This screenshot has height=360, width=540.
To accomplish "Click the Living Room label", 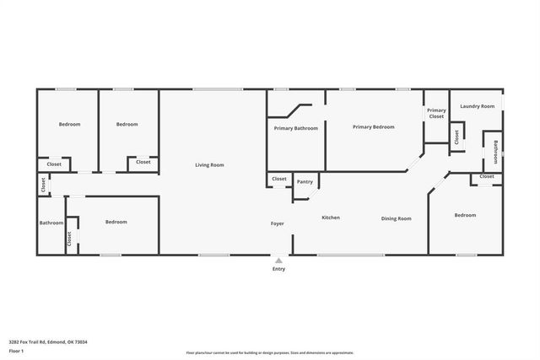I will click(209, 165).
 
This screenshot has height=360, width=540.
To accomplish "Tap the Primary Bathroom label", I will click(295, 128).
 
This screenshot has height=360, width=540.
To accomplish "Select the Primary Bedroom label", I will click(374, 126).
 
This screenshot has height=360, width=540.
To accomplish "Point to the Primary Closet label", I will click(435, 113).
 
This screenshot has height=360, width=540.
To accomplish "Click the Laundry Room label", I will click(477, 106).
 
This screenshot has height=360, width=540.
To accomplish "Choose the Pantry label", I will click(305, 182).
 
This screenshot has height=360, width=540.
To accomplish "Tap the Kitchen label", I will click(331, 218).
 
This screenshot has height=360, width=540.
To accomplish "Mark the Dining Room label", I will click(396, 218).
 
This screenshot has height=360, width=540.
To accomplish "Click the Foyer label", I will click(277, 223).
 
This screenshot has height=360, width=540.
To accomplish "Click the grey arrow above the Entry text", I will click(278, 261).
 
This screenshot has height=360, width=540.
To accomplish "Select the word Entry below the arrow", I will click(278, 269).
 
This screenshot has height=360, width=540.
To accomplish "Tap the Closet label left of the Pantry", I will click(279, 179).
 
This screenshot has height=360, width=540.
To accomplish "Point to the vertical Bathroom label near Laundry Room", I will click(495, 152).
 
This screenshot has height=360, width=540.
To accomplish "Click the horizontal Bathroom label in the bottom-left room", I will click(51, 223).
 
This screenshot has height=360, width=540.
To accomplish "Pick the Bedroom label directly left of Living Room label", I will click(127, 125).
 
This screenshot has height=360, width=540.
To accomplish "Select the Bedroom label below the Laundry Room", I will click(465, 215).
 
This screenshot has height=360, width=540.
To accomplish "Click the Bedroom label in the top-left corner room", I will click(69, 125).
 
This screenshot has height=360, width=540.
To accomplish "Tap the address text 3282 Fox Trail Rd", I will click(48, 341).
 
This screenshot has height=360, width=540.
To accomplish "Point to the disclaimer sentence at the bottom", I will click(270, 352).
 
